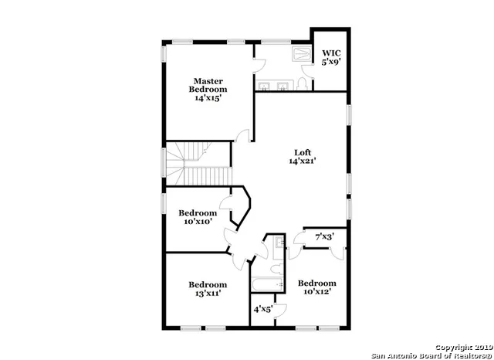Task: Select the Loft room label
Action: (x=303, y=152)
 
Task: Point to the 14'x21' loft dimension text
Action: (x=303, y=161)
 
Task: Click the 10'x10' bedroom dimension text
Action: (x=198, y=222)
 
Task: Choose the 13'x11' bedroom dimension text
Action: (x=208, y=294)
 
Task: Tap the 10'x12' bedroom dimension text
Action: (x=317, y=293)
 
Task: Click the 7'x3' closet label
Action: (x=325, y=237)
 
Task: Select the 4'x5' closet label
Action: (x=264, y=309)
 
